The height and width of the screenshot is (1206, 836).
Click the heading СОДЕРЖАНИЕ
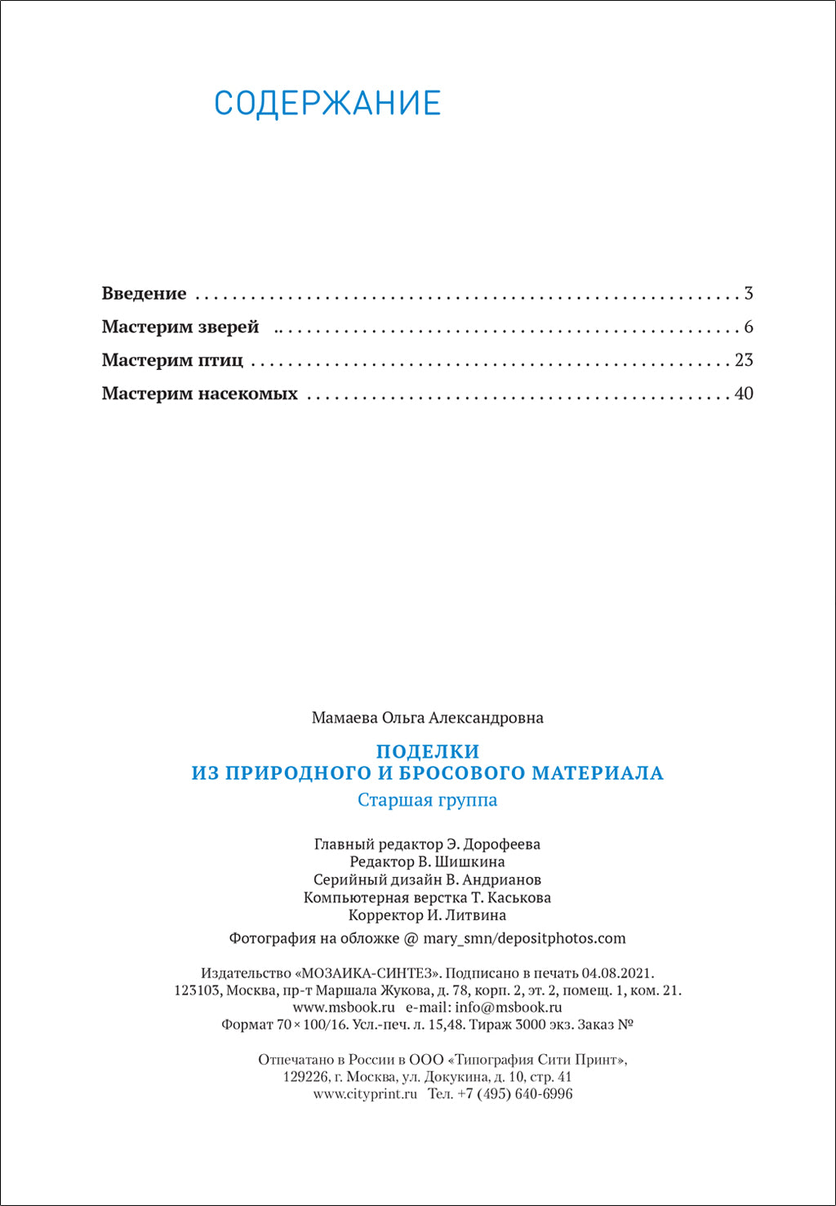[327, 104]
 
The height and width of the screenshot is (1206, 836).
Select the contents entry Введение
[144, 294]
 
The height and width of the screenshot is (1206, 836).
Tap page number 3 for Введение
[749, 294]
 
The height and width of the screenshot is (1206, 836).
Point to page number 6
[749, 327]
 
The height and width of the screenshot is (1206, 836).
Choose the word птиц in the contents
[220, 361]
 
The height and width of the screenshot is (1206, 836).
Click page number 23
[744, 361]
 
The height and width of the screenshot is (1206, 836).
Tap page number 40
[744, 394]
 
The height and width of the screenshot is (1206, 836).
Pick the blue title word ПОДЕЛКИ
[428, 751]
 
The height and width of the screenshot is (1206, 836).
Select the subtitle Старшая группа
[427, 800]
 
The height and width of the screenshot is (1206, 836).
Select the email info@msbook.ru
[509, 1008]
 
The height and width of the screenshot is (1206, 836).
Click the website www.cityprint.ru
[365, 1094]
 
